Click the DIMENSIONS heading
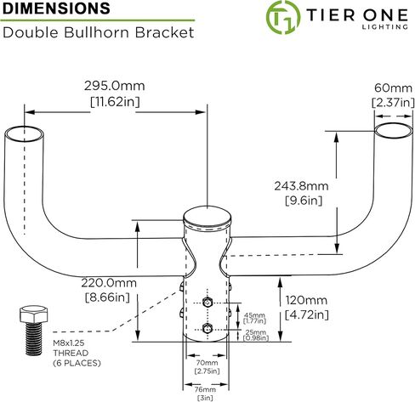point(56,8)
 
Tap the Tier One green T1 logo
point(282,17)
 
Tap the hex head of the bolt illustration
point(34,314)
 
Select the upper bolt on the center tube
point(207,303)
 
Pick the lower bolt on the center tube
point(207,329)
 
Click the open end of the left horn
point(24,133)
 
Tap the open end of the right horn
point(394,131)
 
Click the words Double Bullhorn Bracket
point(98,32)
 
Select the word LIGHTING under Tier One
point(385,27)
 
